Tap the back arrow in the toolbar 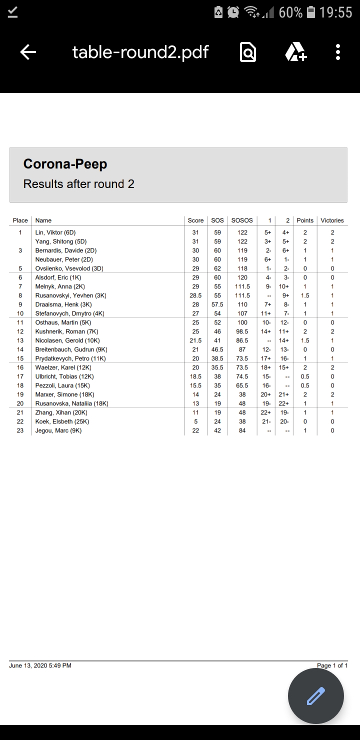28,52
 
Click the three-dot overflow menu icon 338,52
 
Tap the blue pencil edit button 315,696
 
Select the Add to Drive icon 295,52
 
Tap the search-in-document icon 248,52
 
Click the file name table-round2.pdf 140,52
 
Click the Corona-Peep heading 65,164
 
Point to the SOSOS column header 242,220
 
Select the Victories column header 332,220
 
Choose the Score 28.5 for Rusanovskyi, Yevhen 195,295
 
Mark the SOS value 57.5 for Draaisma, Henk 217,304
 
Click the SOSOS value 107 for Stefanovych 242,313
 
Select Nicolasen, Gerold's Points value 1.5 305,340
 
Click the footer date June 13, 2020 40,665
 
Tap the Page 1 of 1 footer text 332,665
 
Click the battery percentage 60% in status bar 290,12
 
